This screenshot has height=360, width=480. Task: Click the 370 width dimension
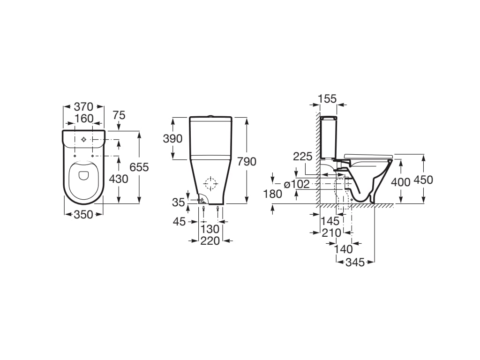84,107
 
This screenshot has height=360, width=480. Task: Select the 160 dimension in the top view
84,119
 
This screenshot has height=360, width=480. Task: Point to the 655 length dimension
139,167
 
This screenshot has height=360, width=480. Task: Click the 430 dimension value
119,179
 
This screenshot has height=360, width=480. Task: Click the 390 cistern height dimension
173,139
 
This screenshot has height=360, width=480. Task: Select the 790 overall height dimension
247,161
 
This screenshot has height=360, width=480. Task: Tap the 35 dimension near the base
178,202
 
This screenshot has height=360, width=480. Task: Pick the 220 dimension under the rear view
210,240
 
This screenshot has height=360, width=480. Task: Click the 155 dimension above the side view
327,99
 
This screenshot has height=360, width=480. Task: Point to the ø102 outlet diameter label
297,184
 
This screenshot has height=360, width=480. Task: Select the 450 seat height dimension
424,180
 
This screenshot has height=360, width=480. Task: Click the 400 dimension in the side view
401,181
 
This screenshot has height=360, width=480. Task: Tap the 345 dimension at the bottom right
355,262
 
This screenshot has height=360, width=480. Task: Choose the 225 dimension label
303,157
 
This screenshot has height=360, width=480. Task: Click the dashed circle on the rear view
211,183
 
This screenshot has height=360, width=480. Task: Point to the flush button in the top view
84,139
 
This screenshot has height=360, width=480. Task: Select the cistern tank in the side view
328,137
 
